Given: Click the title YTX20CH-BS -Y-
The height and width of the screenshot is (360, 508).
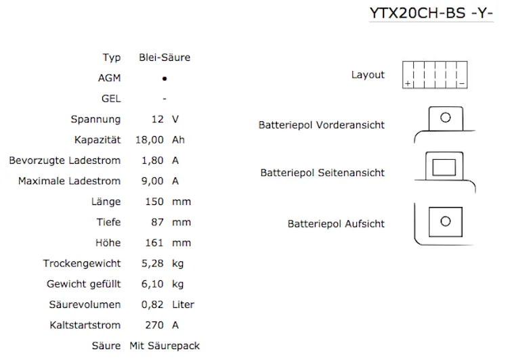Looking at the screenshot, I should coord(431,13).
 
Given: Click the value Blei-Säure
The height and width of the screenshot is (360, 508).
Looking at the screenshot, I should coord(165,58).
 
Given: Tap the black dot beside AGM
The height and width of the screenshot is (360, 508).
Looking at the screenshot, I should coord(165,78).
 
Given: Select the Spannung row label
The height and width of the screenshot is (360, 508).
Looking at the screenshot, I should coord(96,119).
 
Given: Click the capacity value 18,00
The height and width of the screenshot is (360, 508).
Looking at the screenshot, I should coord(150,140).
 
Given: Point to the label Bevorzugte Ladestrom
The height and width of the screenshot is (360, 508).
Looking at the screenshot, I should coord(65,160).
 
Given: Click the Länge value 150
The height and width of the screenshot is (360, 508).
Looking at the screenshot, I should coord(154,202).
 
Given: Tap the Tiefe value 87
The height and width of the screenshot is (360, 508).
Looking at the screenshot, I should coord(158,222).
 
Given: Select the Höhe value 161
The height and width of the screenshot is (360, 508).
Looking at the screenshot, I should coord(154,242).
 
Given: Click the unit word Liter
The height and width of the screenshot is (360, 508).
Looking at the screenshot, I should coord(183,305).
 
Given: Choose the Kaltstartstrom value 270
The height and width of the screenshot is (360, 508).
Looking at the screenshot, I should coord(154,325).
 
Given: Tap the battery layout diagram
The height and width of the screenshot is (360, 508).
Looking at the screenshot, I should coord(435,74).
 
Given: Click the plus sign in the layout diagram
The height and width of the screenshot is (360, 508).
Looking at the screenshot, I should coord(408,83).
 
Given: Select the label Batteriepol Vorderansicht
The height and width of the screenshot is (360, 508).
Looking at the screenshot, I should coord(321,125).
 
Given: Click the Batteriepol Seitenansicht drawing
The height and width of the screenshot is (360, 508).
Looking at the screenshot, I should coord(444,166).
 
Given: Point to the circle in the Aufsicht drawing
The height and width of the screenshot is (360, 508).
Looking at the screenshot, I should coord(445,221).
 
